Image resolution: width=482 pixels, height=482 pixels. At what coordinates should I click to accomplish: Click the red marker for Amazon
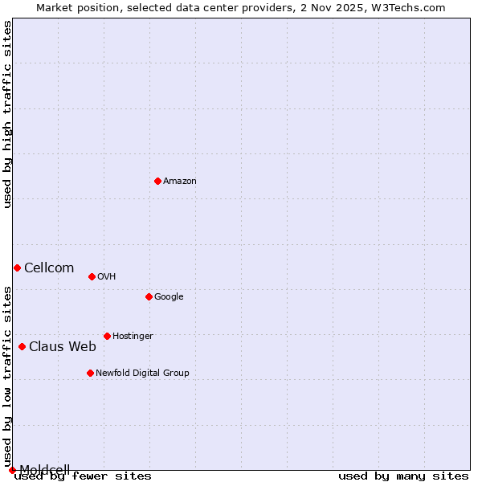tap(157, 181)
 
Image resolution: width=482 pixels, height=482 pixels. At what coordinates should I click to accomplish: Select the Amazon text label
tap(179, 182)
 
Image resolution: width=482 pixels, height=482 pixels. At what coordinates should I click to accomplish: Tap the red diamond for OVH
tap(92, 276)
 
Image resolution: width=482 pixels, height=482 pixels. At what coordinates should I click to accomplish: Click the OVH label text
tap(106, 277)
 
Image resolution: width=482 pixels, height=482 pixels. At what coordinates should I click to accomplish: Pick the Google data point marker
tap(149, 296)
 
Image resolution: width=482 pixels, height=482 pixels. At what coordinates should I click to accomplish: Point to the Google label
tap(169, 297)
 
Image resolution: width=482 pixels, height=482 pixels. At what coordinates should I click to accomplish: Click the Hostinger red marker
tap(107, 336)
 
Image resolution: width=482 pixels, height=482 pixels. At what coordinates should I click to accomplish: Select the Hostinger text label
tap(133, 337)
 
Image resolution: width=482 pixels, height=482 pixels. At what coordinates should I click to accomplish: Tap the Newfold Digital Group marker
tap(90, 373)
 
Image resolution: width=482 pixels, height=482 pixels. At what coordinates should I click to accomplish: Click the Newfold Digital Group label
tap(142, 374)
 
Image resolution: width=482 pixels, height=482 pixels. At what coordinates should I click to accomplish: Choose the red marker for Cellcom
tap(17, 268)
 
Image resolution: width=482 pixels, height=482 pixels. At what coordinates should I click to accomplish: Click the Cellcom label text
tap(49, 268)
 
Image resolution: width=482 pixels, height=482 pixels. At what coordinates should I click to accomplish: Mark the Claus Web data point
tap(22, 346)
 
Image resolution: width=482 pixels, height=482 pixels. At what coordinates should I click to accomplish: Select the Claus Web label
tap(63, 347)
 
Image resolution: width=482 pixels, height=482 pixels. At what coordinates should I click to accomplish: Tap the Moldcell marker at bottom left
tap(12, 470)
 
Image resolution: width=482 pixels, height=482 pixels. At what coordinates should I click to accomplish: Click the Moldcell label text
tap(44, 470)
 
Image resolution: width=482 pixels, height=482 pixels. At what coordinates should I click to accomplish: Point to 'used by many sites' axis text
tap(403, 476)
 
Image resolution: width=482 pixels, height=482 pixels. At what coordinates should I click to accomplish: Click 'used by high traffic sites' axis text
tap(7, 115)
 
